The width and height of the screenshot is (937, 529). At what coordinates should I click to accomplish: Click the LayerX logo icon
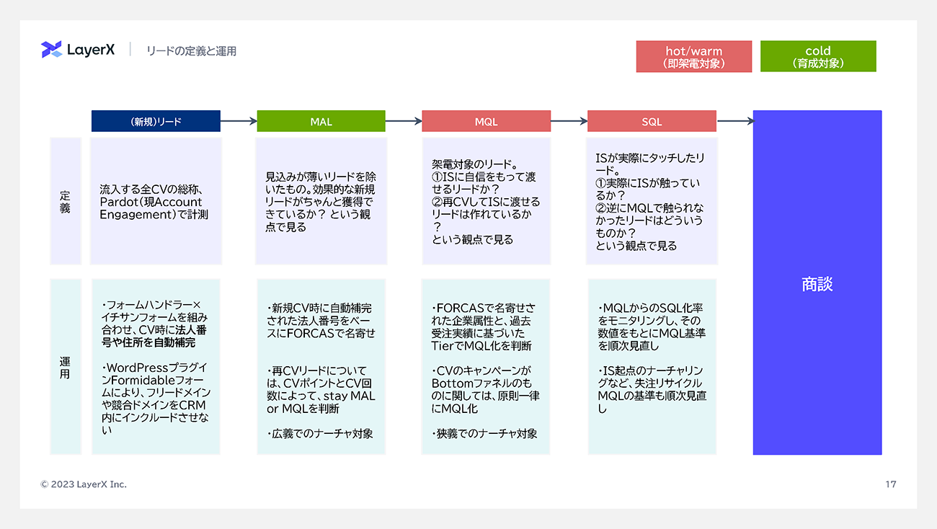point(51,50)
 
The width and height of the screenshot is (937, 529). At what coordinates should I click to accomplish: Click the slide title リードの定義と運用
point(191,50)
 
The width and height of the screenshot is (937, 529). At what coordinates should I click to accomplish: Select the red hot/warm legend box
point(693,56)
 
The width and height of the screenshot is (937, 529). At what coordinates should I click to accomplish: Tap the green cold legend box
point(818,56)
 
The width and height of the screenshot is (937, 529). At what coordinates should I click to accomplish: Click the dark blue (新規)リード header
point(156,121)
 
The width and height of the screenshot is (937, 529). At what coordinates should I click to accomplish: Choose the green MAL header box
point(321,121)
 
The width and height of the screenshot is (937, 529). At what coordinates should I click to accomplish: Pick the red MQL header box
point(486,121)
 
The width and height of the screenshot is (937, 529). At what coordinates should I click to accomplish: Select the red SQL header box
point(652,121)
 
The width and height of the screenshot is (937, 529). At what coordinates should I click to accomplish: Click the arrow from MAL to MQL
point(404,121)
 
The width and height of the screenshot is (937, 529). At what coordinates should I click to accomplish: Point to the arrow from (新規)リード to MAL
point(239,121)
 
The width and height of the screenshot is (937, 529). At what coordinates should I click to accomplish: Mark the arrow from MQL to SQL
point(569,121)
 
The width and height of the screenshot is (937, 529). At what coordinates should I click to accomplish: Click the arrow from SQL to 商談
point(734,121)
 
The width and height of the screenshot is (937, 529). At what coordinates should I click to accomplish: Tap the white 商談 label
point(817,284)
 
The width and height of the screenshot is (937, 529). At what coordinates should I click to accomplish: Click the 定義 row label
point(65,202)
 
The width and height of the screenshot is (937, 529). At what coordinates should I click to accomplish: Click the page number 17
point(891,484)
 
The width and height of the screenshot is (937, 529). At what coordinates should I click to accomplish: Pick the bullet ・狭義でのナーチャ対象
point(484,434)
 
